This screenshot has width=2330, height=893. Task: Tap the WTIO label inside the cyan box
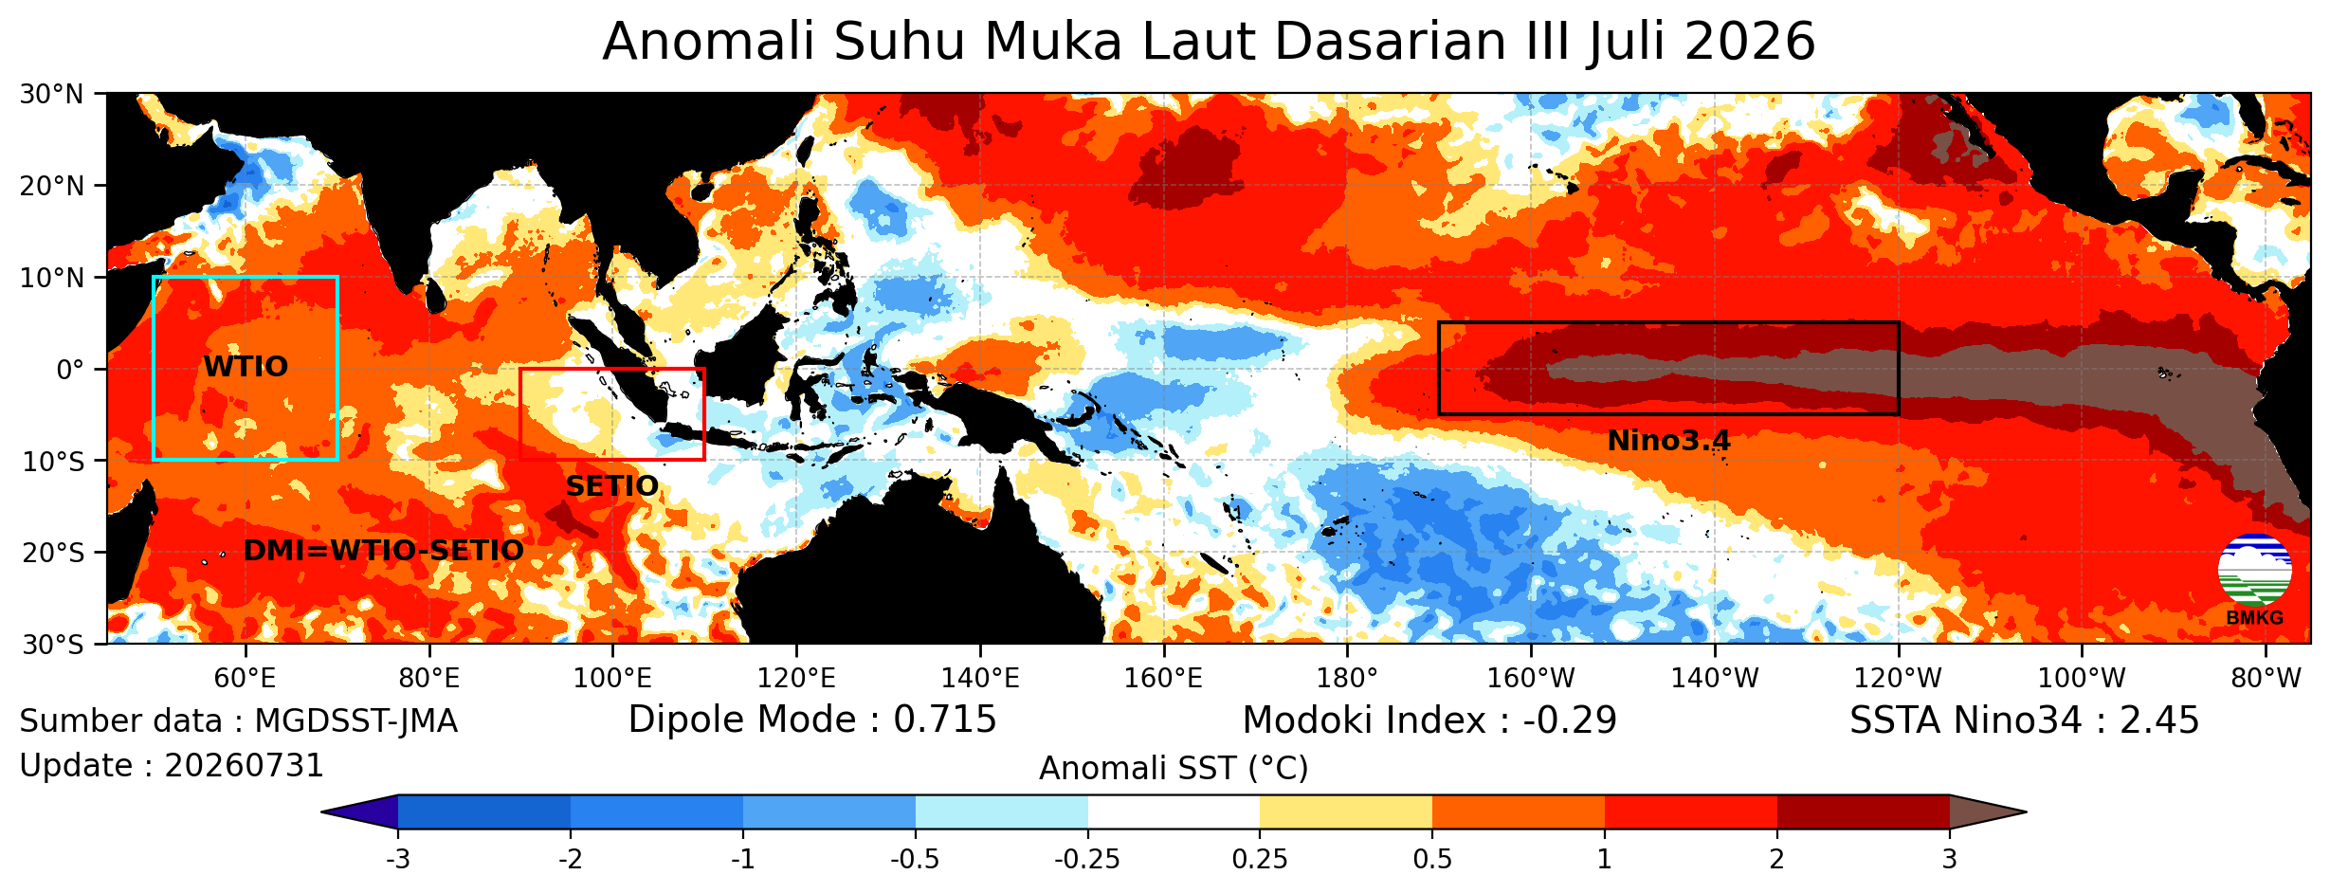click(246, 367)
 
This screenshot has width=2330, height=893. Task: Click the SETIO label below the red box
click(611, 486)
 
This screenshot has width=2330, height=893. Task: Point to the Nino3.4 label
click(1668, 441)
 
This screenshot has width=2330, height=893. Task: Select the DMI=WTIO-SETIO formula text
click(383, 551)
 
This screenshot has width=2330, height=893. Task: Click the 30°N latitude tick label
click(52, 95)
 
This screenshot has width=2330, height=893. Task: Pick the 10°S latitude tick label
click(52, 462)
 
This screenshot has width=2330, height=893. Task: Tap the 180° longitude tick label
click(1347, 678)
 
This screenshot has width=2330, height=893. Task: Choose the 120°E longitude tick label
click(796, 678)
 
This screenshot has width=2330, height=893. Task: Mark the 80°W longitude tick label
click(2265, 678)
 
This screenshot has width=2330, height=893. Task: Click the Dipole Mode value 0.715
click(945, 720)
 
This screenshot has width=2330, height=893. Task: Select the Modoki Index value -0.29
click(1570, 720)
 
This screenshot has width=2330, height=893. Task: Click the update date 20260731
click(245, 766)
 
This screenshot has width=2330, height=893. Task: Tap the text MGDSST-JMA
click(356, 721)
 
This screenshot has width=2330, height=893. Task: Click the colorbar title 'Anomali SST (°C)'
click(1174, 769)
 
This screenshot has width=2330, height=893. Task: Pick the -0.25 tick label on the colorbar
click(1087, 860)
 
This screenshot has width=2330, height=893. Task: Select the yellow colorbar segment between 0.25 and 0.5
click(1346, 812)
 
